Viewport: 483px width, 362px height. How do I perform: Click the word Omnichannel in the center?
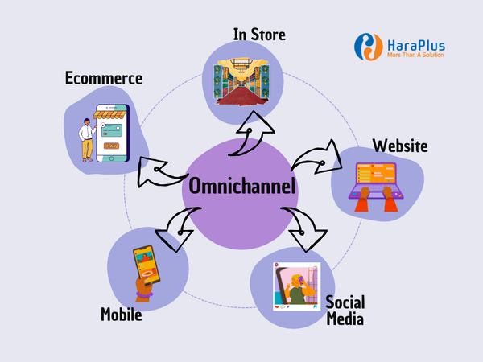(x=242, y=186)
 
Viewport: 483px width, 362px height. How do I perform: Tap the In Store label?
(x=259, y=34)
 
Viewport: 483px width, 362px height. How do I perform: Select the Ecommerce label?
(x=104, y=78)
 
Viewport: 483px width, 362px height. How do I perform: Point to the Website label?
(x=400, y=146)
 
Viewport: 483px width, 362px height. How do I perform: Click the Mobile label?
(x=122, y=315)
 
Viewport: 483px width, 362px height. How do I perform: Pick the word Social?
(x=345, y=302)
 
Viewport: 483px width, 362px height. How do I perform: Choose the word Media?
(x=345, y=319)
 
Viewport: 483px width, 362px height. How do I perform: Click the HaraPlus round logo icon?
(x=369, y=47)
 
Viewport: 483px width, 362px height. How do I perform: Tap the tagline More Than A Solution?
(x=415, y=55)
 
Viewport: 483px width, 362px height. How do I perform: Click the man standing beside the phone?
(x=87, y=140)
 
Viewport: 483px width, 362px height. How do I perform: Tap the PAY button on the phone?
(x=111, y=146)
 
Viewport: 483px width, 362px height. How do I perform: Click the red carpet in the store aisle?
(x=242, y=96)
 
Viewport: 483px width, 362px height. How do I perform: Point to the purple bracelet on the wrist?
(x=144, y=295)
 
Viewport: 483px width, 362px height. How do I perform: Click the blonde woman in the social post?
(x=298, y=289)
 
